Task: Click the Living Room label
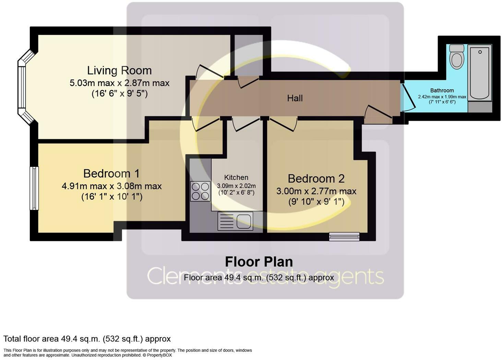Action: point(119,70)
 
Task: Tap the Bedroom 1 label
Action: point(111,173)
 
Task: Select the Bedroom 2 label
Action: point(316,178)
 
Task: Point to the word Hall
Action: point(295,98)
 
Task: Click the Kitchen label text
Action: point(236,177)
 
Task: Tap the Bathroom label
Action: point(442,90)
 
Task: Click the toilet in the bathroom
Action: point(456,57)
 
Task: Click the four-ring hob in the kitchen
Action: point(200,191)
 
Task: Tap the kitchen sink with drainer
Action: point(235,221)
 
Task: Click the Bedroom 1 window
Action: point(34,188)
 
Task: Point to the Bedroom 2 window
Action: point(344,236)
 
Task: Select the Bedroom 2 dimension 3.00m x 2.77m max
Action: point(316,191)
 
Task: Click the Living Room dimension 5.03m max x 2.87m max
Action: point(119,83)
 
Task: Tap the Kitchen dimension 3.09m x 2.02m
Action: point(236,186)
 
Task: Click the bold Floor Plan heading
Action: point(259,262)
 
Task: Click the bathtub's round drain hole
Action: point(480,52)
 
